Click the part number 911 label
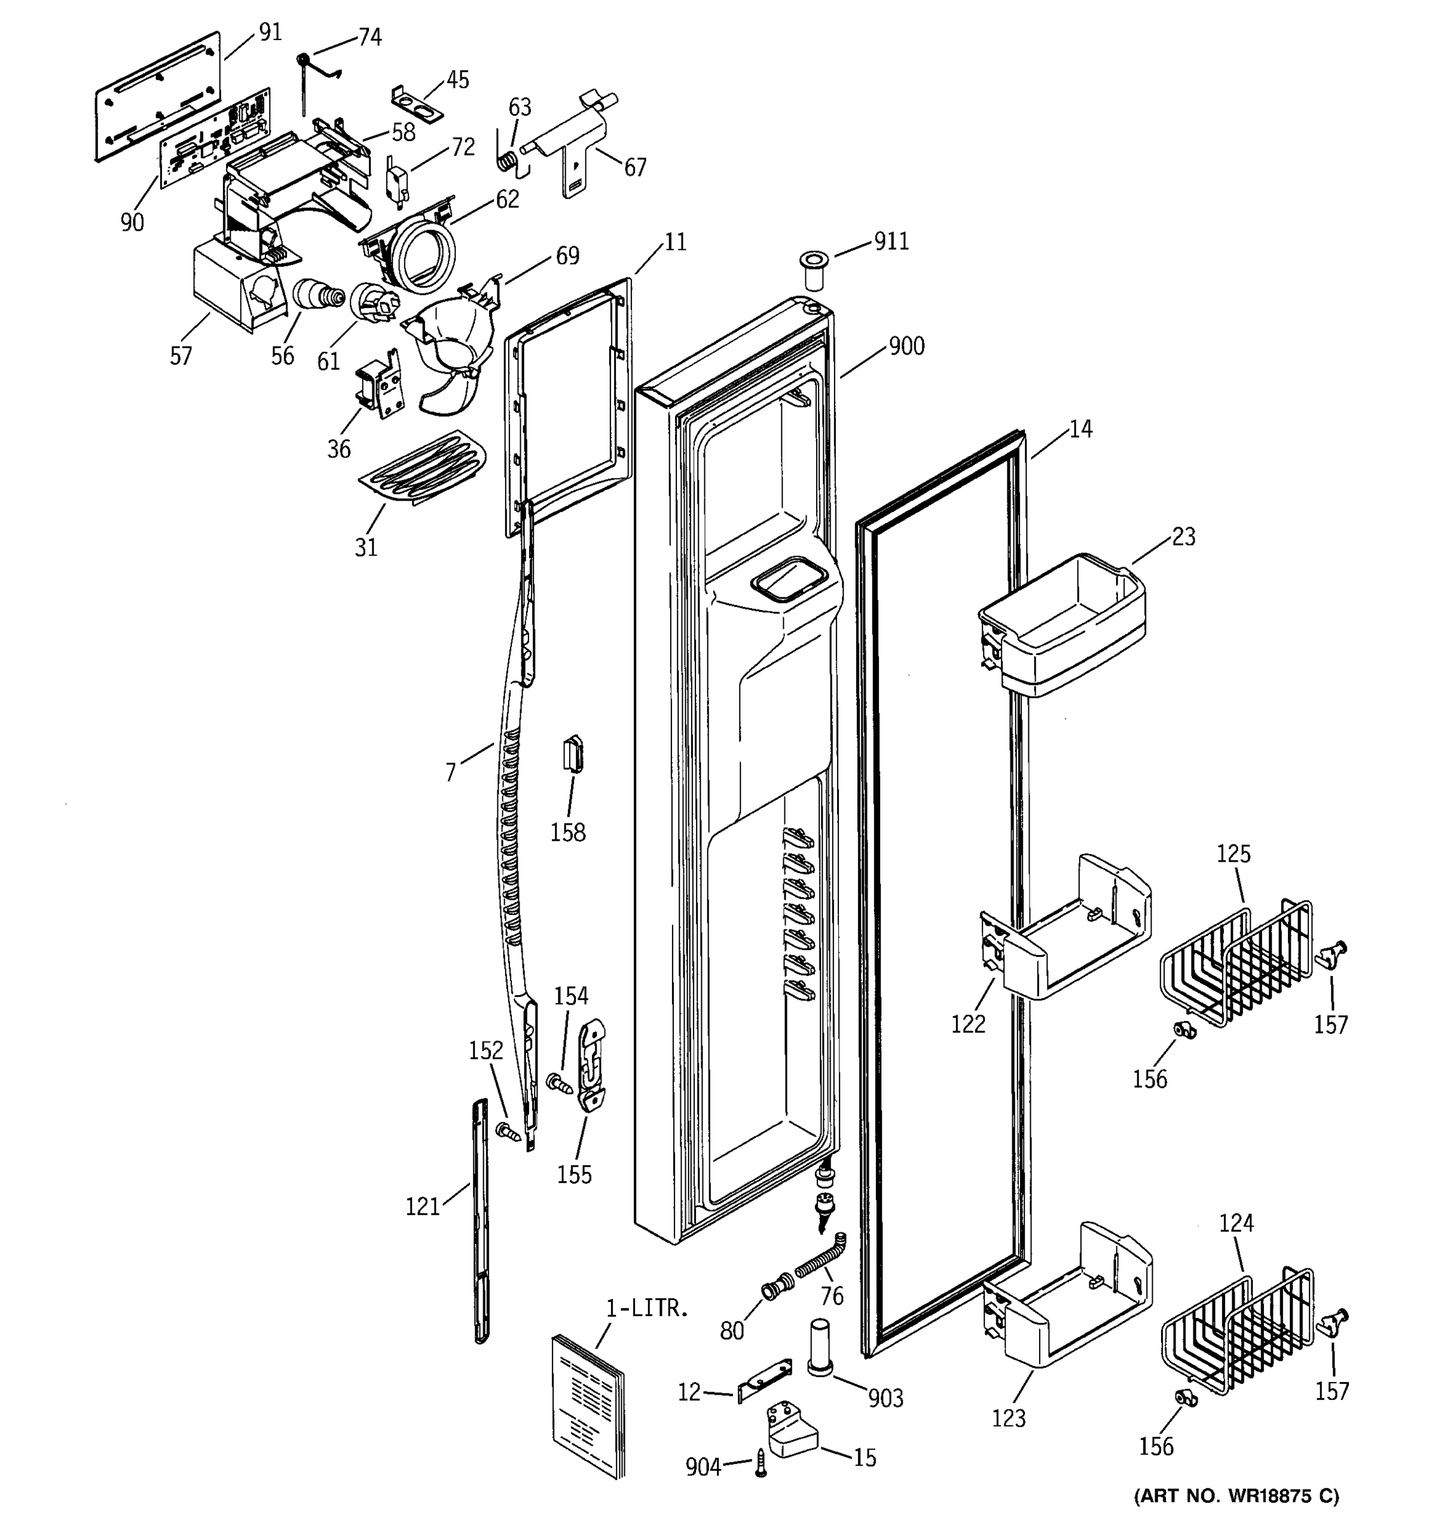point(892,241)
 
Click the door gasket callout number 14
point(1080,429)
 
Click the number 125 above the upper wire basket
point(1233,854)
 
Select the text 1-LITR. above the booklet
point(647,1309)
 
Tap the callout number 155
point(574,1174)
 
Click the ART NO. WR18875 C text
point(1236,1495)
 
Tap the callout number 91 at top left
point(270,32)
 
